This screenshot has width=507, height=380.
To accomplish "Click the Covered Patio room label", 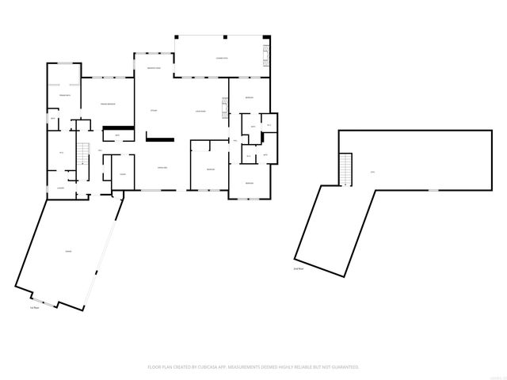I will [x=222, y=59].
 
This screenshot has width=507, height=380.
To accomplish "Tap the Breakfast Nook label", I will [x=154, y=69].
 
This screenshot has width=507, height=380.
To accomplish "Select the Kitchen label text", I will [x=154, y=110].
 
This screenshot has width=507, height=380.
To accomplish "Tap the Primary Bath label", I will [x=64, y=96].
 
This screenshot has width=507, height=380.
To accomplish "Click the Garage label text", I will [x=69, y=252].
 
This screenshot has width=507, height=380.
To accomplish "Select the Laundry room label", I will [x=59, y=188].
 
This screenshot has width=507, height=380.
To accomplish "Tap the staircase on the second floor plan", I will [x=345, y=167].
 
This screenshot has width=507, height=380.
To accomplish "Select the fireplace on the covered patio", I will [x=265, y=55].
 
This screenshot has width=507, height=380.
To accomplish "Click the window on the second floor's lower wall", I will [x=433, y=191].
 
